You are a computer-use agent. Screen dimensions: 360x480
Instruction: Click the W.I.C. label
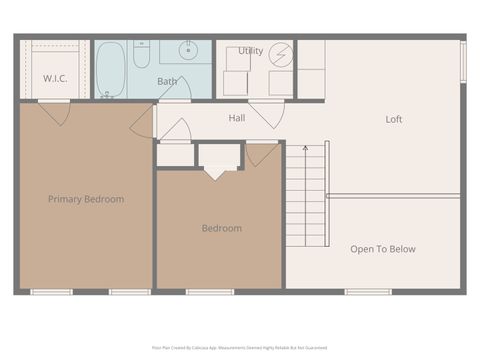point(55,78)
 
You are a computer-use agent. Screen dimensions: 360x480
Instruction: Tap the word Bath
point(167,81)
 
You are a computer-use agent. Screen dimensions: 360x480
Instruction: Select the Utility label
point(250,51)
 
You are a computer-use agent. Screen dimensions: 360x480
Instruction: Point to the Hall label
point(237,118)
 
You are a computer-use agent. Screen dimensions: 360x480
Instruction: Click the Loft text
point(394,120)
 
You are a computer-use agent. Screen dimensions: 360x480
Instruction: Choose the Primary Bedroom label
point(86,199)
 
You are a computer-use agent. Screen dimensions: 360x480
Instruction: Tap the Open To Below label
point(382,249)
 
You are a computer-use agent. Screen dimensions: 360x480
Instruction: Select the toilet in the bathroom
point(142,53)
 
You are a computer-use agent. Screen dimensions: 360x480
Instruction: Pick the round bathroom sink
point(189,50)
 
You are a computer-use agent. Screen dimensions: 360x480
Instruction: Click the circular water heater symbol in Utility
point(280,54)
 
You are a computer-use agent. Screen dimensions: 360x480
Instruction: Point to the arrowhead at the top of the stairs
point(305,148)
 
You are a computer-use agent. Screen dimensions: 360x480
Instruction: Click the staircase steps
point(306,200)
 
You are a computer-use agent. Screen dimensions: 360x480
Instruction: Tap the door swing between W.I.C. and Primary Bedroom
point(55,113)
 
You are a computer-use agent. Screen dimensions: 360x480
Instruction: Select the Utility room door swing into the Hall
point(264,113)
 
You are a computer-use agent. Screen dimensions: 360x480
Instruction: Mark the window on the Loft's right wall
point(463,62)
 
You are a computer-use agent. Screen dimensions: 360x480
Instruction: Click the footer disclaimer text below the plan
point(239,347)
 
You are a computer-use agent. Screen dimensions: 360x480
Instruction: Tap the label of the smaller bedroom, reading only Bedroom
point(221,228)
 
